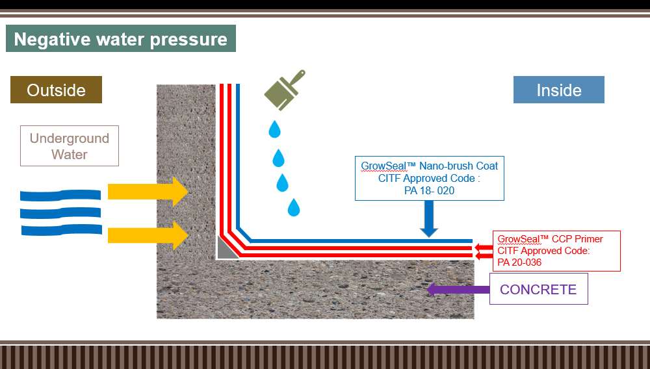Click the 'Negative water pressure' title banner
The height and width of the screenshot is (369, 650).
[121, 38]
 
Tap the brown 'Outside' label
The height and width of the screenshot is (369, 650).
[56, 90]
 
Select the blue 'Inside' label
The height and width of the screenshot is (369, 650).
[559, 90]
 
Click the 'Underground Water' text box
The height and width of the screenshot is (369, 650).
[70, 146]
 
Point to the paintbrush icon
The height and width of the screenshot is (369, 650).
[285, 90]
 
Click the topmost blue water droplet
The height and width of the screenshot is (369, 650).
[274, 129]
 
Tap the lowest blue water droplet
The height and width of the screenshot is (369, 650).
[294, 207]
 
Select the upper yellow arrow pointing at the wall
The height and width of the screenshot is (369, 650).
[148, 192]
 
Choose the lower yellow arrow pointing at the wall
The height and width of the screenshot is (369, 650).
[148, 235]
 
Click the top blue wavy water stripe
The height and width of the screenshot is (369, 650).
[60, 195]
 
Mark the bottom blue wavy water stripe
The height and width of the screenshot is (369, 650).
[62, 230]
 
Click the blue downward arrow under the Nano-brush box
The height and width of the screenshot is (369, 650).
[429, 219]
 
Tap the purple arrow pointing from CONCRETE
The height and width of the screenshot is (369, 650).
[458, 290]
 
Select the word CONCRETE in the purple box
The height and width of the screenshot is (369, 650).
[538, 289]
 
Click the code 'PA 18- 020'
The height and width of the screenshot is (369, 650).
[429, 190]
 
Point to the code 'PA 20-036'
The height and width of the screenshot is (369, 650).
[519, 262]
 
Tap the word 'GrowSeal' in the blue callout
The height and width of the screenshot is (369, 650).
[383, 166]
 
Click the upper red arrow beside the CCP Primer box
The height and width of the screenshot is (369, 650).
[484, 248]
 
